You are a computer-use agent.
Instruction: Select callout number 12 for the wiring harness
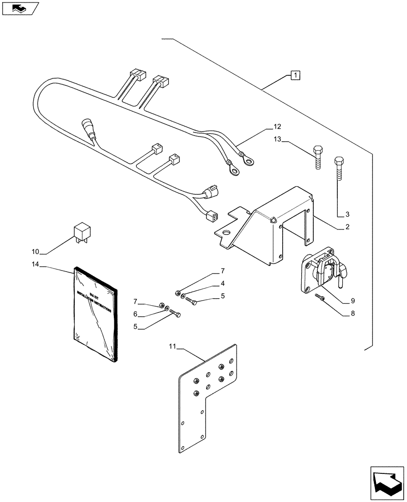point(277,127)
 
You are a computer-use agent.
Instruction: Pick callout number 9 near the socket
point(352,301)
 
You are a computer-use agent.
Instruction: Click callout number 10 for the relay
point(35,250)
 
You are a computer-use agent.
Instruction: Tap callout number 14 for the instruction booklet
point(35,264)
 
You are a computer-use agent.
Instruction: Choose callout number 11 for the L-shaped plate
point(173,346)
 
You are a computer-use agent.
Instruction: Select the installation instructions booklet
point(95,314)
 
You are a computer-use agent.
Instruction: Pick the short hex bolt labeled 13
point(318,158)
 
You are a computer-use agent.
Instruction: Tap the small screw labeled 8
point(320,298)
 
